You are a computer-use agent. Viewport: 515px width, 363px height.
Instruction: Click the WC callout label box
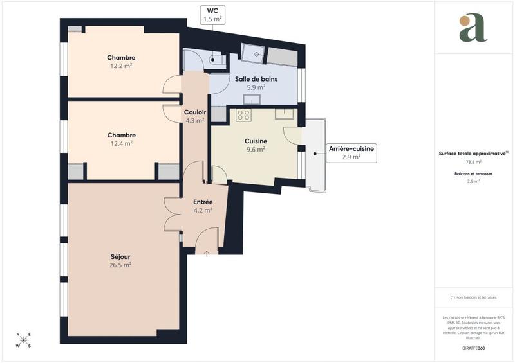pyautogui.click(x=212, y=15)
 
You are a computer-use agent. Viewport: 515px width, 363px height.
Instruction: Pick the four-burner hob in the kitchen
pyautogui.click(x=243, y=115)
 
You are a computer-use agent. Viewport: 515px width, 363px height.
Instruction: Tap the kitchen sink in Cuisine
pyautogui.click(x=284, y=113)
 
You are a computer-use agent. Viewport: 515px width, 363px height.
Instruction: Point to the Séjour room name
pyautogui.click(x=120, y=256)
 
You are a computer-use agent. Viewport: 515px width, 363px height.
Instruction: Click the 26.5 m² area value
pyautogui.click(x=120, y=265)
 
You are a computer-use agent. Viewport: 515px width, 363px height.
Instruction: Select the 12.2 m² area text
pyautogui.click(x=121, y=66)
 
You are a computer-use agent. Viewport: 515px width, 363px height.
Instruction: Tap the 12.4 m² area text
pyautogui.click(x=121, y=144)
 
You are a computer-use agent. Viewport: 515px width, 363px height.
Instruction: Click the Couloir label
pyautogui.click(x=194, y=112)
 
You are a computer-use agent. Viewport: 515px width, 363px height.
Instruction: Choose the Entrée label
pyautogui.click(x=203, y=202)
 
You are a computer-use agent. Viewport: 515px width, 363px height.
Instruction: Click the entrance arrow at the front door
pyautogui.click(x=207, y=253)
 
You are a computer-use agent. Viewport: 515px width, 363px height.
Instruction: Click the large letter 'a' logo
pyautogui.click(x=473, y=28)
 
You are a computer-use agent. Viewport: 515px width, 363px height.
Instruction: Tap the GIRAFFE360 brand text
pyautogui.click(x=473, y=348)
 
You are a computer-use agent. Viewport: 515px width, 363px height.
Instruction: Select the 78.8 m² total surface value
pyautogui.click(x=473, y=162)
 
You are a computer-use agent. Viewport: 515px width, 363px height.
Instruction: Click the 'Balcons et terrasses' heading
pyautogui.click(x=473, y=174)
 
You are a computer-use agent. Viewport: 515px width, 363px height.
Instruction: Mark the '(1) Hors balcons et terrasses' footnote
pyautogui.click(x=473, y=297)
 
